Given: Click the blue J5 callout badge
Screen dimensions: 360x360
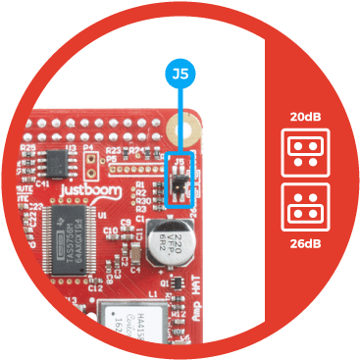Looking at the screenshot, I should [180, 73].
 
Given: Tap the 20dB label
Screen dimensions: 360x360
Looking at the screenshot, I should [303, 119].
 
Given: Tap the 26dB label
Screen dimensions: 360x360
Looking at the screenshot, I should [303, 243].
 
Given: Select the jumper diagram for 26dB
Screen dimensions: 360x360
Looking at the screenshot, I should [303, 207].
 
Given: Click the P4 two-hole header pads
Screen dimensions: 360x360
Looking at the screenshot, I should [91, 161].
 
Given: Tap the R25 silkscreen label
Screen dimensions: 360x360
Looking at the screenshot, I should [28, 146].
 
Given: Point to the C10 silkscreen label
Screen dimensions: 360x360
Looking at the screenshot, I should [110, 231].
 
